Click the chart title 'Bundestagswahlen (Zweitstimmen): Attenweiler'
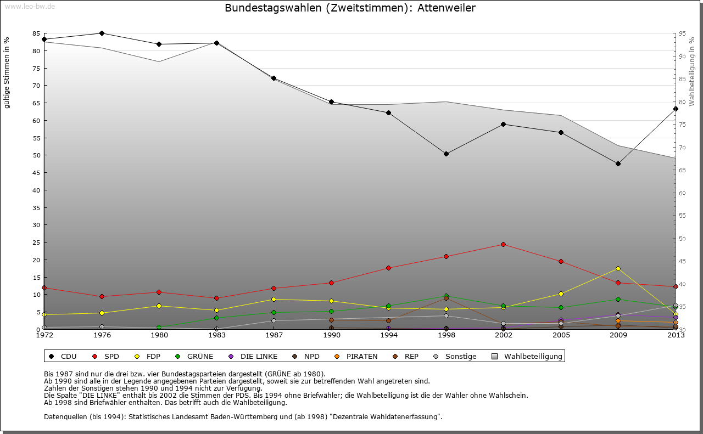click(350, 8)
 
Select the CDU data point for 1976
click(102, 33)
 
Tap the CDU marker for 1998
click(446, 154)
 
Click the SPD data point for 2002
click(503, 244)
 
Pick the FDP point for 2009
click(618, 268)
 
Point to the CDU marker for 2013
click(676, 109)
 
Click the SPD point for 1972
click(44, 288)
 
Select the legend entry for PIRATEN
click(356, 356)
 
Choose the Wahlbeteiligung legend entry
click(527, 356)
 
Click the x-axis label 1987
click(274, 335)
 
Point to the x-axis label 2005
click(561, 335)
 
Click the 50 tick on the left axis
click(36, 155)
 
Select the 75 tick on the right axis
click(682, 125)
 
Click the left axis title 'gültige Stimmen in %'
click(7, 73)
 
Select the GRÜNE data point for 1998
click(446, 296)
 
